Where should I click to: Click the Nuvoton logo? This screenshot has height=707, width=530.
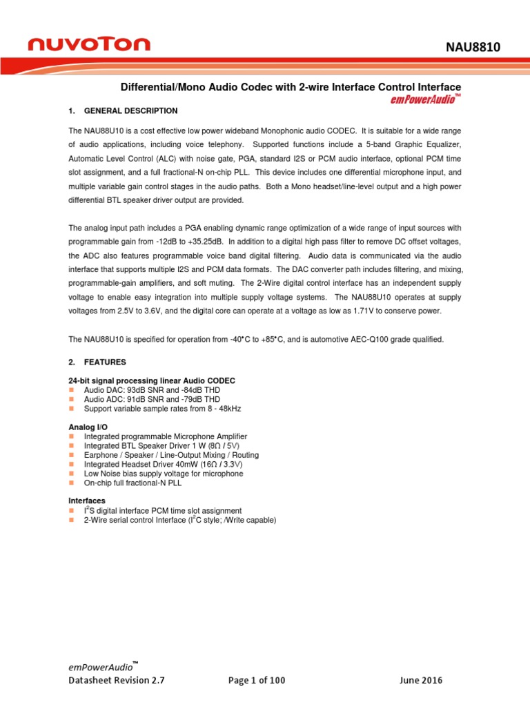[88, 44]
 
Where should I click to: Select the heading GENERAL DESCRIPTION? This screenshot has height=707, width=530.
[130, 110]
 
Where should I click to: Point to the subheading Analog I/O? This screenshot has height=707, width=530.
[88, 427]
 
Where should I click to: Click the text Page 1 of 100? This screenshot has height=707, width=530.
[256, 680]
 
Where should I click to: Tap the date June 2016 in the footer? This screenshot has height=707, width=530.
[421, 680]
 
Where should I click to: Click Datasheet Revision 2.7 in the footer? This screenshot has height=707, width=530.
[116, 680]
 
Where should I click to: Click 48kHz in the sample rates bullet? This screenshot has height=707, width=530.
[228, 409]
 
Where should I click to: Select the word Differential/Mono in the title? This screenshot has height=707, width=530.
[155, 87]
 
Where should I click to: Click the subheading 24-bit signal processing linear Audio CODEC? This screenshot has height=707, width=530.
[151, 381]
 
